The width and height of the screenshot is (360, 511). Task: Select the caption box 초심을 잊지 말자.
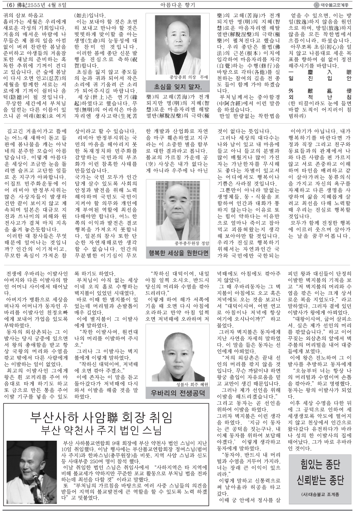point(178,87)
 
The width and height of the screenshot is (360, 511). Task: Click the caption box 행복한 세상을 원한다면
point(178,253)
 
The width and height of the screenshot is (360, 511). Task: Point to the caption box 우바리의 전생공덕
point(178,393)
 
